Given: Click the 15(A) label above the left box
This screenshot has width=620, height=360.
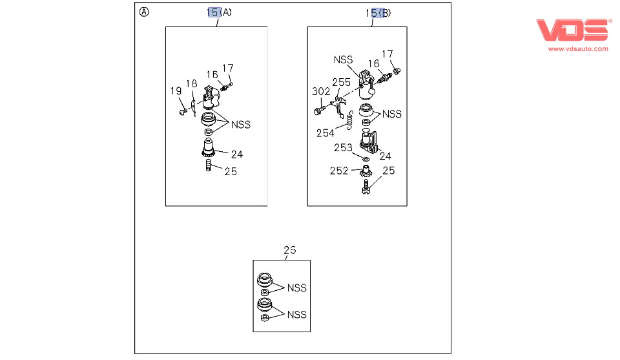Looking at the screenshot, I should [x=220, y=12].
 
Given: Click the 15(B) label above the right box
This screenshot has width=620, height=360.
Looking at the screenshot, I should [x=378, y=12].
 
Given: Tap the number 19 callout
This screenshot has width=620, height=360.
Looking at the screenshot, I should [x=176, y=91].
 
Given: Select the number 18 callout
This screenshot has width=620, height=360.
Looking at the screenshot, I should [x=191, y=83].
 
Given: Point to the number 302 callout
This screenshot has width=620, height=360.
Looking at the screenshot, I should [x=321, y=91].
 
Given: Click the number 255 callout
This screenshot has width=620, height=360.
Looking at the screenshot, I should [x=342, y=82].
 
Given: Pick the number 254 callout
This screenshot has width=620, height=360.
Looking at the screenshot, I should [x=325, y=133].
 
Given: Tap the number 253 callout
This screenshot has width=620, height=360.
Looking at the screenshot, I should [x=343, y=148].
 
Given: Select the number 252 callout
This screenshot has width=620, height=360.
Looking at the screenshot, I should [x=339, y=171].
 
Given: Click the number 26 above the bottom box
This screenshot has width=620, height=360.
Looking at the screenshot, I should [x=290, y=250].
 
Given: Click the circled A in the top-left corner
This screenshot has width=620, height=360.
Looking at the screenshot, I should [x=144, y=12].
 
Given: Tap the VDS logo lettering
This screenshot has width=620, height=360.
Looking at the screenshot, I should [x=571, y=30].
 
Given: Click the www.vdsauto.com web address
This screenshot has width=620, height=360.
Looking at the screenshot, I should [x=578, y=48].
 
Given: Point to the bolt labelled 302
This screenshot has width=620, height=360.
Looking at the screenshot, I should [x=319, y=112].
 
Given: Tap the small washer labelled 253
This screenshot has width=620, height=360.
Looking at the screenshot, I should [x=366, y=158].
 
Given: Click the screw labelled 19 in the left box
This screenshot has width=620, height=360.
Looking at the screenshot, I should [x=183, y=112].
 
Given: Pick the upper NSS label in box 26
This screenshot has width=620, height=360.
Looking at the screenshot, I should [x=296, y=288].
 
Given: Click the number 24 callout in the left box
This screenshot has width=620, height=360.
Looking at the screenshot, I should [x=238, y=154].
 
